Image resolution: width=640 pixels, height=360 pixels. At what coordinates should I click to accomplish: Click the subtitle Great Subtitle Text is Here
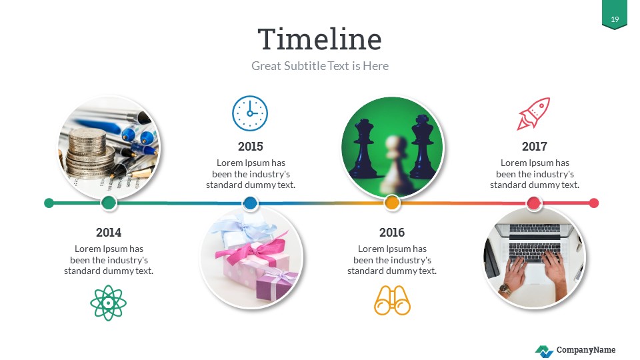coord(319,66)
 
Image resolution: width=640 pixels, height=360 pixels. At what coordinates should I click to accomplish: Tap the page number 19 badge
coord(615,19)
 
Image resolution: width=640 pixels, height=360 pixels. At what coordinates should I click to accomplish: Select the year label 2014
coord(109,233)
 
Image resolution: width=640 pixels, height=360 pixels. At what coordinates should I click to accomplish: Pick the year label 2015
coord(250,146)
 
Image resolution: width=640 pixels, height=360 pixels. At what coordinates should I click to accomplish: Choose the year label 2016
coord(392,233)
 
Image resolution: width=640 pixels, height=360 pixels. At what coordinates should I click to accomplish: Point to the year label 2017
coord(534,146)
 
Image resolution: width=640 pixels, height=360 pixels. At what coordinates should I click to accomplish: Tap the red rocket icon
coord(534,113)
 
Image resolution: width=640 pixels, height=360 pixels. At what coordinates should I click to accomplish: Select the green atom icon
coord(108,303)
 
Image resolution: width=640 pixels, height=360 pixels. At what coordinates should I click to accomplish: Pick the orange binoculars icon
coord(392,301)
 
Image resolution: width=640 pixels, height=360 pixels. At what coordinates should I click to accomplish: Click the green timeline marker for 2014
coord(109,203)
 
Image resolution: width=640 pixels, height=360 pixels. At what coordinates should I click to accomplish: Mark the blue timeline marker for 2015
coord(250,203)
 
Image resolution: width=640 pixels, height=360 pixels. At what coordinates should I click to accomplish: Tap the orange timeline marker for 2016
coord(392,203)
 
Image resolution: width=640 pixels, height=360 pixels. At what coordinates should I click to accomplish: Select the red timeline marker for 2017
coord(534,203)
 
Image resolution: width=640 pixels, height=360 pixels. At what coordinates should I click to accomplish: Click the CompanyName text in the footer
coord(586,350)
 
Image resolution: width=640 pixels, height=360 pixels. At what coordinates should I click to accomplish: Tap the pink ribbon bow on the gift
coord(251,253)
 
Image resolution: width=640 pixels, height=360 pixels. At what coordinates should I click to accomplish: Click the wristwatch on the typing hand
coord(505,289)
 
